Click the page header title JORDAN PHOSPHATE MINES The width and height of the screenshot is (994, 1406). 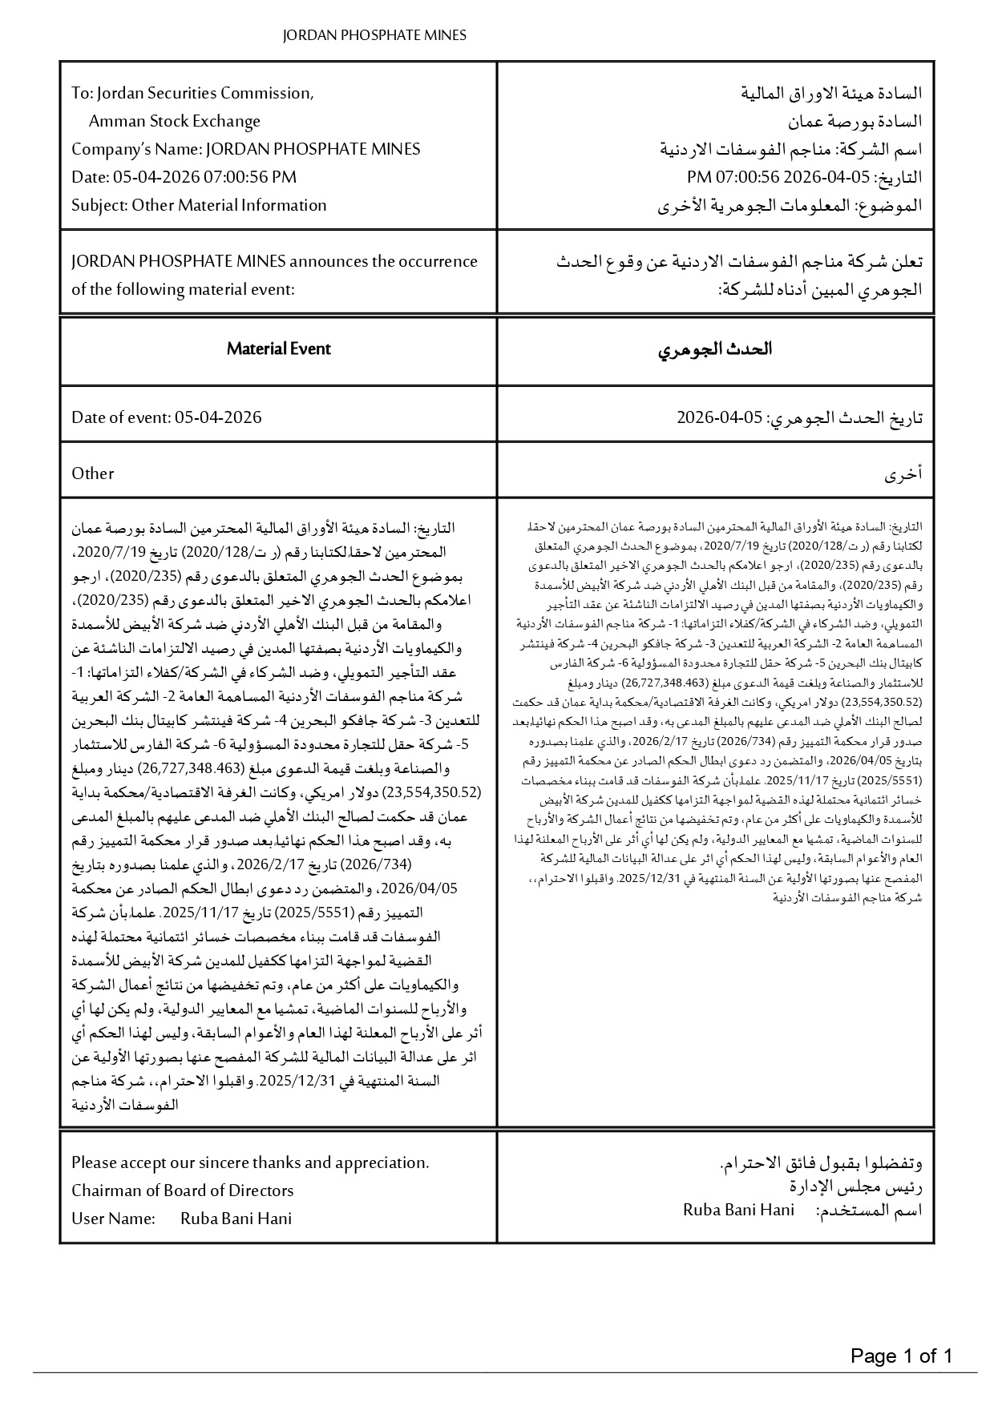tap(374, 35)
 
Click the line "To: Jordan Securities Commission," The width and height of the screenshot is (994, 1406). tap(192, 93)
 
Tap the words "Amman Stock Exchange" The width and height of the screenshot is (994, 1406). tap(175, 121)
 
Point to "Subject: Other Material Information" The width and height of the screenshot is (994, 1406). tap(199, 205)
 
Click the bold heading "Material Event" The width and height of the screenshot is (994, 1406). tap(278, 348)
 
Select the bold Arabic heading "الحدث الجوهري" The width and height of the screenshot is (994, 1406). tap(715, 349)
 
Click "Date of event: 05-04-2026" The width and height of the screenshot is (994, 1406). tap(167, 417)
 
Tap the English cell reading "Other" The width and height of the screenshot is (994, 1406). tap(93, 473)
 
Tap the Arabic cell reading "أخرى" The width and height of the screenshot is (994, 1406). tap(903, 474)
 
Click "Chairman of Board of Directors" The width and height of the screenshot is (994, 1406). tap(183, 1190)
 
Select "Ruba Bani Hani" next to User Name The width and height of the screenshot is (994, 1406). tap(236, 1219)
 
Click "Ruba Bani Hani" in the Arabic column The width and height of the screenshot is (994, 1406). tap(738, 1210)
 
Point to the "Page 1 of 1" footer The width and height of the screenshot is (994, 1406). tap(901, 1356)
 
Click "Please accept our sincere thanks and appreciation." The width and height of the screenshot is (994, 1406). tap(250, 1162)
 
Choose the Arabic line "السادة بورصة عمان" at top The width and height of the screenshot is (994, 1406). tap(854, 121)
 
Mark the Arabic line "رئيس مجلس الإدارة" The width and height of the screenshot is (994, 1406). tap(855, 1186)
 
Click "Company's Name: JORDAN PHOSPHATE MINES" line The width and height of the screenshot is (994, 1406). tap(245, 149)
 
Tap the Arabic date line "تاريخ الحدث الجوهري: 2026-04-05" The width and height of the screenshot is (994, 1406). tap(799, 417)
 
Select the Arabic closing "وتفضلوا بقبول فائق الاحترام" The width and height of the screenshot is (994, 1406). tap(822, 1162)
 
